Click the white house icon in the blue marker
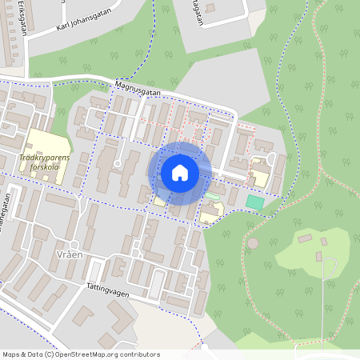(x=180, y=172)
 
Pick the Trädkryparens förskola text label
(x=44, y=162)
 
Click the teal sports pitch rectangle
(x=254, y=202)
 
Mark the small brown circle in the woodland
(x=253, y=242)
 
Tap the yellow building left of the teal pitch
(x=211, y=212)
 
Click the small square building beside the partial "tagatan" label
(x=210, y=8)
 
